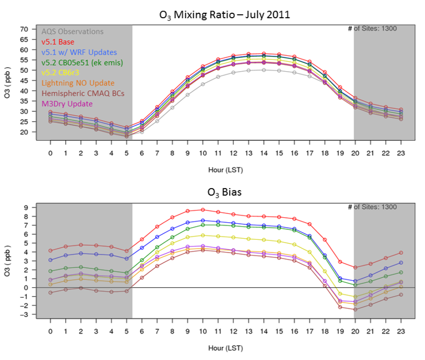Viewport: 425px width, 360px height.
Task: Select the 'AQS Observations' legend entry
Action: point(72,32)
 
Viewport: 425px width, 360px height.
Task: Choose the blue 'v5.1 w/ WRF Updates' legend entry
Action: point(79,52)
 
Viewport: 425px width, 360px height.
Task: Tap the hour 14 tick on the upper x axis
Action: point(265,153)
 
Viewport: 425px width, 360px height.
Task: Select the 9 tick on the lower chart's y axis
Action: point(25,208)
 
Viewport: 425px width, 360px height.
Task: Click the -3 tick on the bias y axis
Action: point(24,314)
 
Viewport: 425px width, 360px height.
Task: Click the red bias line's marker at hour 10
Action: point(204,209)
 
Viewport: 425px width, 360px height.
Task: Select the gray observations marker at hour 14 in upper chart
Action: point(265,70)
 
